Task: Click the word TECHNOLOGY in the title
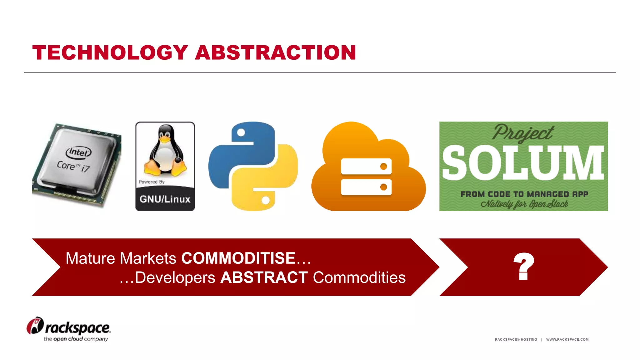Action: tap(110, 52)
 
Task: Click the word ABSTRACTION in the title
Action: tap(276, 52)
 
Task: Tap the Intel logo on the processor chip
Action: tap(78, 152)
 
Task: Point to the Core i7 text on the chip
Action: tap(73, 166)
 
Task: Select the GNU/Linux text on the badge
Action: tap(165, 199)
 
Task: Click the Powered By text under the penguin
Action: tap(152, 182)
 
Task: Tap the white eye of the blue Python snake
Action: tap(241, 132)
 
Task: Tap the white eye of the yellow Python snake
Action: tap(266, 200)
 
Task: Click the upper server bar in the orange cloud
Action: tap(366, 166)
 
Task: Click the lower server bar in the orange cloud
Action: tap(366, 187)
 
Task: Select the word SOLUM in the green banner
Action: tap(523, 163)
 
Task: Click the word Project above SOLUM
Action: tap(523, 132)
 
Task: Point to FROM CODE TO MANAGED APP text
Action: tap(524, 194)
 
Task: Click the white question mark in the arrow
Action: tap(524, 266)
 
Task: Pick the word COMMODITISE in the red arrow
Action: tap(238, 258)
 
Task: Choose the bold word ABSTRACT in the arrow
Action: tap(264, 277)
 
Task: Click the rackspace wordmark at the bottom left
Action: tap(78, 328)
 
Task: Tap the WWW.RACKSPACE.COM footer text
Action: tap(567, 339)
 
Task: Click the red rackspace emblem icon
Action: tap(35, 326)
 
